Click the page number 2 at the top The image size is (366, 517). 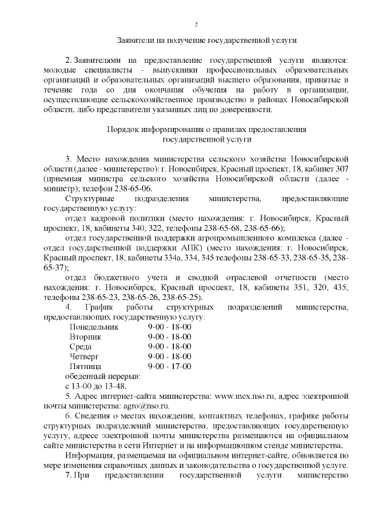pyautogui.click(x=196, y=24)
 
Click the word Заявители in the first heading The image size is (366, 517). pyautogui.click(x=136, y=41)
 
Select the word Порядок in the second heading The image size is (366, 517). pyautogui.click(x=122, y=129)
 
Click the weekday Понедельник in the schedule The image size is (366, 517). pyautogui.click(x=94, y=327)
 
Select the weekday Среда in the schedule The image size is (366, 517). pyautogui.click(x=81, y=347)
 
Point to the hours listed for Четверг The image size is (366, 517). pyautogui.click(x=169, y=356)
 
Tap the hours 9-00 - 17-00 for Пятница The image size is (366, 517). pyautogui.click(x=169, y=366)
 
